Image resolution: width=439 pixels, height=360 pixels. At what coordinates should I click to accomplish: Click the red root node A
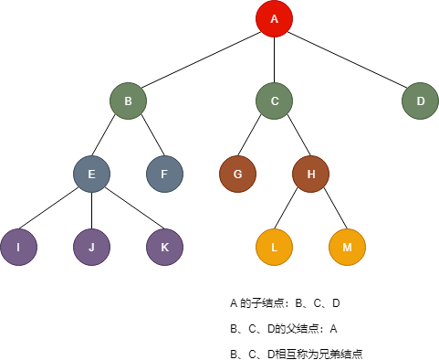point(274,19)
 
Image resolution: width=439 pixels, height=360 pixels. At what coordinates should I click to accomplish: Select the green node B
point(128,101)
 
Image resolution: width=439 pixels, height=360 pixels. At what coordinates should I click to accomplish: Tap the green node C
point(274,101)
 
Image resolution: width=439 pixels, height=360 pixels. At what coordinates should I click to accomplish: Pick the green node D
point(420,101)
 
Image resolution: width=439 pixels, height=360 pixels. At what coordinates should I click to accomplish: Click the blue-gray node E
point(91,174)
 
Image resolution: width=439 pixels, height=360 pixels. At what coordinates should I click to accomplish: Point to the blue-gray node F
point(164,174)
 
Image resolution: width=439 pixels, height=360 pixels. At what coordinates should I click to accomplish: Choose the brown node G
point(237,174)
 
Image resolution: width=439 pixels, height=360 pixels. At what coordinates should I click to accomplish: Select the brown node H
point(310,174)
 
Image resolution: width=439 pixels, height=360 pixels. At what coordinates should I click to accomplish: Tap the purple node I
point(18,247)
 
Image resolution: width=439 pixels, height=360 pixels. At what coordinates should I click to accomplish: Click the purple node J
point(91,247)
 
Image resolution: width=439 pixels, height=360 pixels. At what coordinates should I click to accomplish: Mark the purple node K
point(164,247)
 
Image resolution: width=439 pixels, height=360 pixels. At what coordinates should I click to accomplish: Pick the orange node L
point(274,247)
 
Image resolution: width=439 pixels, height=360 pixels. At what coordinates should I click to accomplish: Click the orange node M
point(347,247)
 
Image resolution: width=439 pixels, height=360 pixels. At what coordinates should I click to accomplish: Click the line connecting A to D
point(347,59)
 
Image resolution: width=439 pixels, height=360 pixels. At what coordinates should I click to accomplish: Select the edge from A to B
point(201,59)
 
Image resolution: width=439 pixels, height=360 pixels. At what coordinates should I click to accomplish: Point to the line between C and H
point(292,137)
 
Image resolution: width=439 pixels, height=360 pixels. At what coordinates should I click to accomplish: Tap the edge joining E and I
point(55,210)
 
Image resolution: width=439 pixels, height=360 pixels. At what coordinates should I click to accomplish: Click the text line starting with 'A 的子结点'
point(285,302)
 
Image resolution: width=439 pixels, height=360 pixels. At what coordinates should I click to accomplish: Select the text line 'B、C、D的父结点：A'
point(284,328)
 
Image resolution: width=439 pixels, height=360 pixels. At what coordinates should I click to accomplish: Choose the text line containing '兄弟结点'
point(298,353)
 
